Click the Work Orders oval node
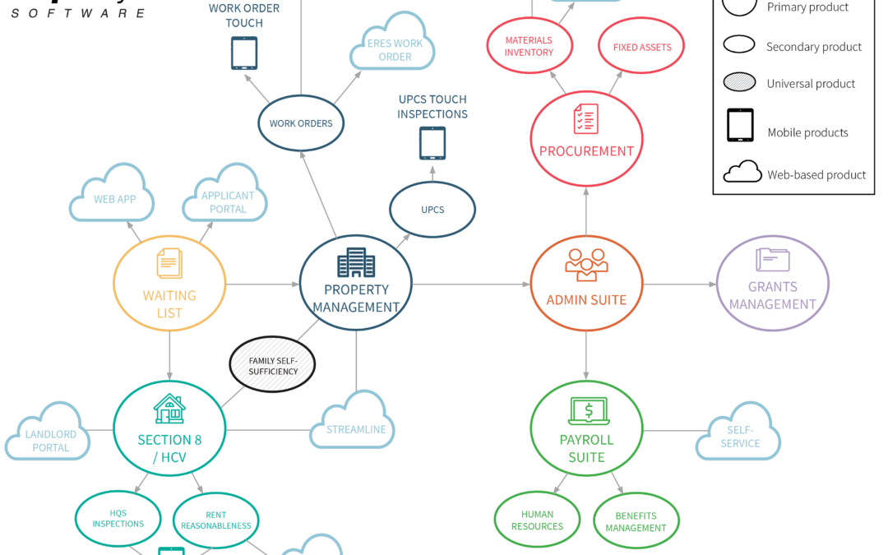click(301, 123)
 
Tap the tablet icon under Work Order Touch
click(244, 53)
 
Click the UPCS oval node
click(432, 210)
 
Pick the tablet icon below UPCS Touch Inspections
click(432, 143)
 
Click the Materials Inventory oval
click(529, 46)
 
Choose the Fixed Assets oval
click(641, 46)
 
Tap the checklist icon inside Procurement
click(586, 118)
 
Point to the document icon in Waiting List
click(169, 263)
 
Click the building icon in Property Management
click(356, 262)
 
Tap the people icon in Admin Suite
click(586, 265)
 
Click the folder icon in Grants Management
click(772, 260)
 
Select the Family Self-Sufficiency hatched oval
click(272, 365)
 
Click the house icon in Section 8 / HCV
click(169, 409)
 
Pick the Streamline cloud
click(352, 420)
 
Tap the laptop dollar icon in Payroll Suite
click(589, 411)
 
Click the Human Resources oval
click(537, 520)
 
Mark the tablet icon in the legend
click(740, 125)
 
